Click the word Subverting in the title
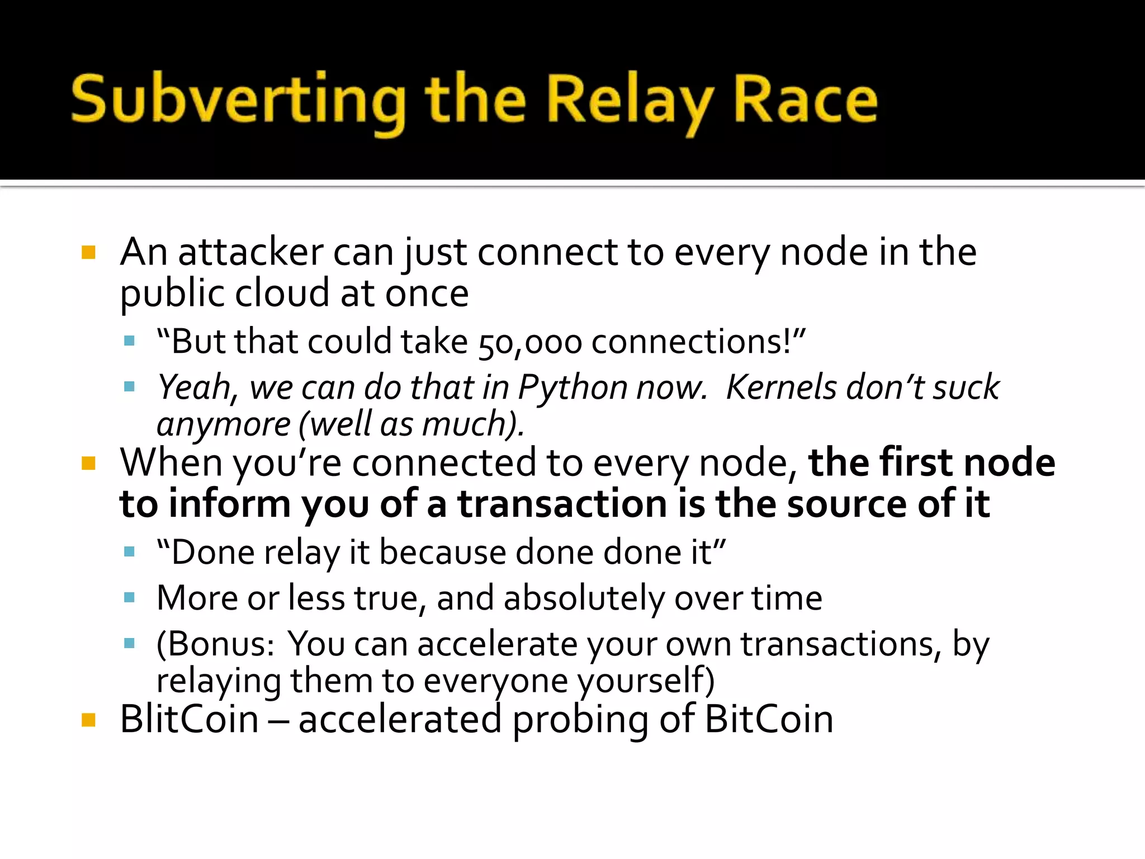click(x=238, y=101)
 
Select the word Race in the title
click(x=805, y=101)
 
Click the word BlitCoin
click(x=189, y=719)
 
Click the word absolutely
click(x=584, y=598)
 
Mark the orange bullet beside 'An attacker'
click(x=88, y=252)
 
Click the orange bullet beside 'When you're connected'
click(x=88, y=463)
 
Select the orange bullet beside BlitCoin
click(x=88, y=719)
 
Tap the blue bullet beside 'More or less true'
click(x=130, y=598)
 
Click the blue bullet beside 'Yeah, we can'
click(x=130, y=386)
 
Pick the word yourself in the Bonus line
click(x=645, y=681)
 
